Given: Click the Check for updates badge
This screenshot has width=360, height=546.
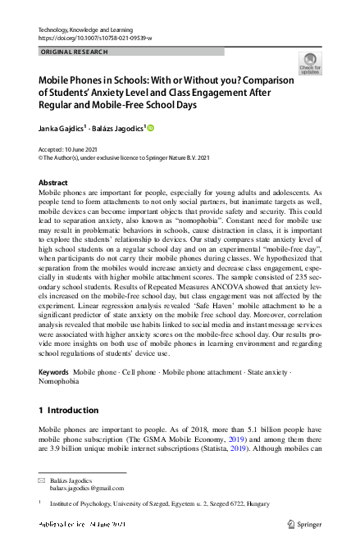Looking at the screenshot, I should [310, 63].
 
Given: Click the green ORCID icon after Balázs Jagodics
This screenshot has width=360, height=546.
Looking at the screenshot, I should [151, 128].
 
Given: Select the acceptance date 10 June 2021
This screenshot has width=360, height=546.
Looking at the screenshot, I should [85, 151].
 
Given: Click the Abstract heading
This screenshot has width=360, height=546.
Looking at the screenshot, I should [53, 183].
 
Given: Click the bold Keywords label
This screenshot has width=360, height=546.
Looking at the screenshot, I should [54, 372].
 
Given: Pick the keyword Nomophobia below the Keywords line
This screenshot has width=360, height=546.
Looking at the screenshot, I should [61, 381].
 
